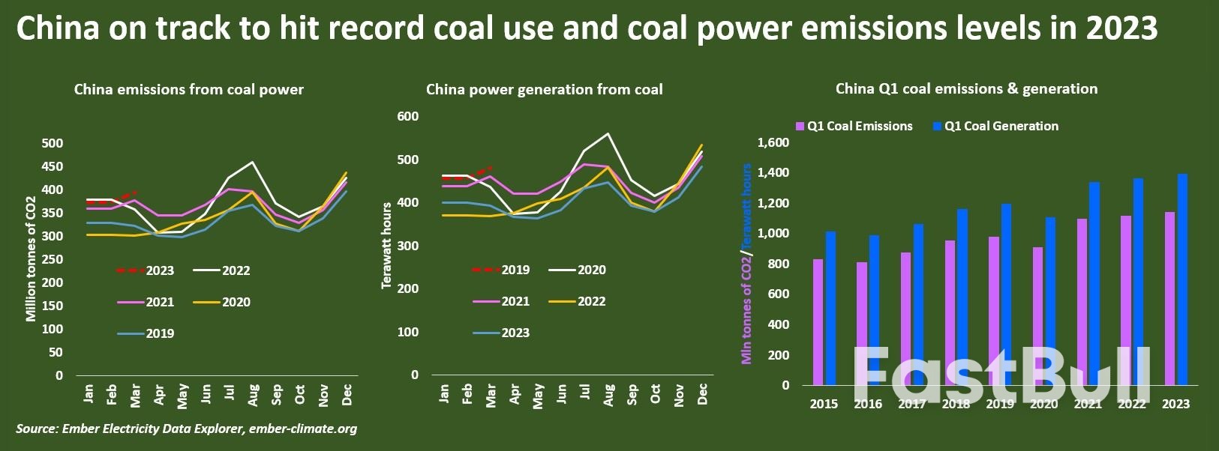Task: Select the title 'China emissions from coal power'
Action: tap(188, 89)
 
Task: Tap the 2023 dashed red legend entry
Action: tap(146, 270)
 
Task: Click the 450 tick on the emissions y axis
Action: tap(53, 166)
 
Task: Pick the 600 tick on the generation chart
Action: tap(407, 116)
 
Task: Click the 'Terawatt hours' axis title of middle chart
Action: tap(386, 245)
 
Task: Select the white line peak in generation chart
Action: tap(608, 134)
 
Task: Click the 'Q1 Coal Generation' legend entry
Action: tap(995, 126)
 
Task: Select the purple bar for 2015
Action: tap(818, 322)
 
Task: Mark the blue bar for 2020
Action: tap(1050, 301)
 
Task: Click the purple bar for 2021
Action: tap(1081, 302)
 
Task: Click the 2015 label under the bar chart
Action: tap(824, 404)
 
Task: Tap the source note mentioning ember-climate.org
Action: tap(186, 429)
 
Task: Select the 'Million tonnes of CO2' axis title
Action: tap(31, 258)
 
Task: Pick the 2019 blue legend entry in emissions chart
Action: tap(146, 333)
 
